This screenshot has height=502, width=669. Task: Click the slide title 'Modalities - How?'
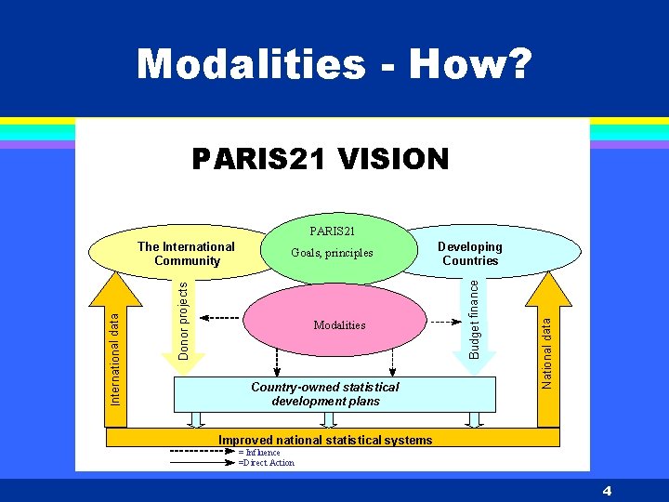click(334, 65)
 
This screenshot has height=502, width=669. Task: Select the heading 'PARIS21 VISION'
click(321, 159)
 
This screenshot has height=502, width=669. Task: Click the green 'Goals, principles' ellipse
click(332, 253)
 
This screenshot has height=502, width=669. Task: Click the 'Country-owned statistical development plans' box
click(325, 394)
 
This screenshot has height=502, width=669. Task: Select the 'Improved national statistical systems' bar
click(324, 440)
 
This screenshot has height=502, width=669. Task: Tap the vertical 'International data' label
click(115, 357)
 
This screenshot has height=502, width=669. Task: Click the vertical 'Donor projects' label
click(183, 321)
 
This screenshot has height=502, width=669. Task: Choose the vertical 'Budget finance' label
click(474, 321)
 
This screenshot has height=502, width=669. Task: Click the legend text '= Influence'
click(260, 453)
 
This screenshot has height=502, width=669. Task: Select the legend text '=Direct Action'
click(267, 463)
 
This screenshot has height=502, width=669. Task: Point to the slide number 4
click(606, 490)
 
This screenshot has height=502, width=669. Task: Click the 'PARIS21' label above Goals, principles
click(332, 230)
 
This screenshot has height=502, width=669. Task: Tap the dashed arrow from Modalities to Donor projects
click(218, 319)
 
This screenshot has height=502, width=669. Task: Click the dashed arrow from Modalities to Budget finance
click(446, 319)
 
